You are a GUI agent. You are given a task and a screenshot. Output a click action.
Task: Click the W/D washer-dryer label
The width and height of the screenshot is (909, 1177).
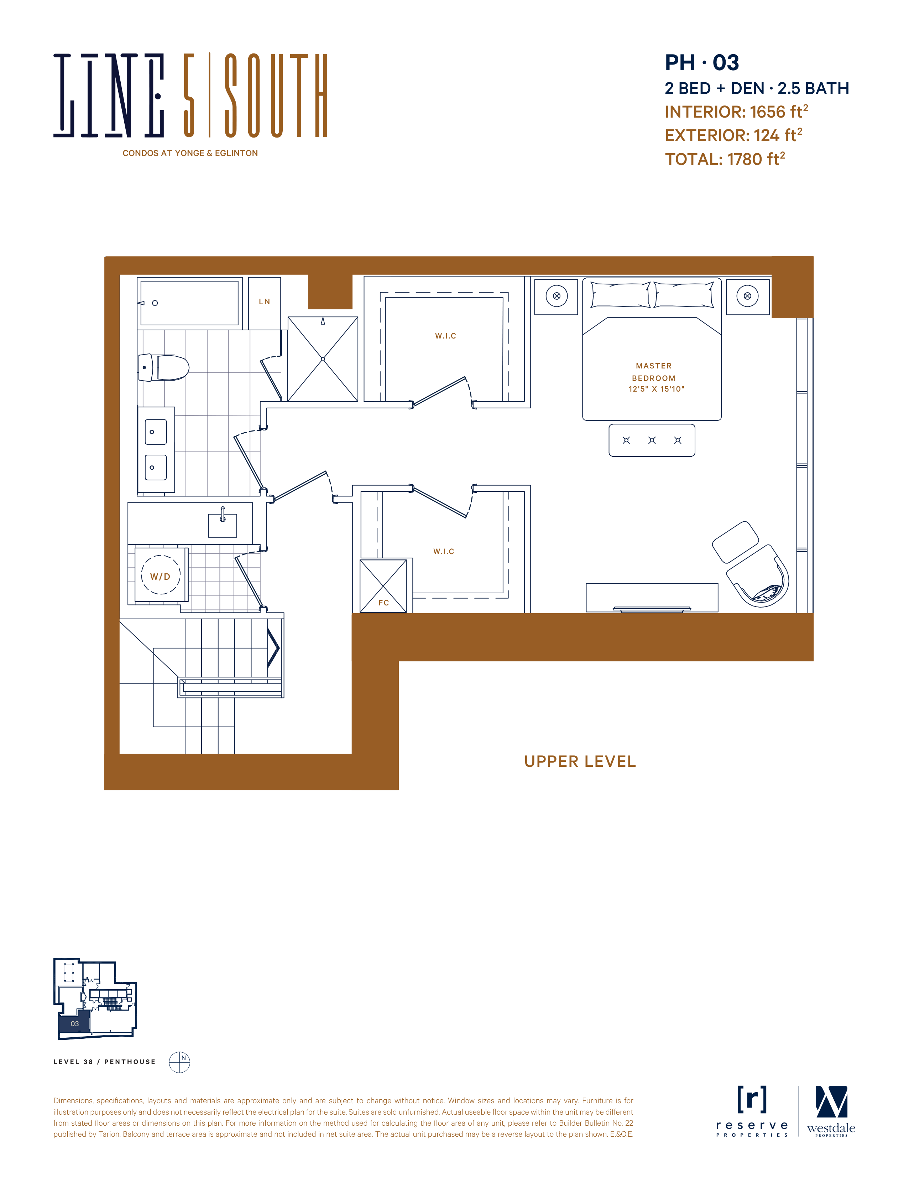click(x=160, y=577)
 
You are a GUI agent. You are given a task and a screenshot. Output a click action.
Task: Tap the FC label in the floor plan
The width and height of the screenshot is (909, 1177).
click(x=383, y=603)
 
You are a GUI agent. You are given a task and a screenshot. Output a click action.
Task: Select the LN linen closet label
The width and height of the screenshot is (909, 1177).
click(x=265, y=302)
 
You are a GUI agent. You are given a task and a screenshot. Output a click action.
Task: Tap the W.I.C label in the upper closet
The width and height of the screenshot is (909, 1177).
click(x=445, y=336)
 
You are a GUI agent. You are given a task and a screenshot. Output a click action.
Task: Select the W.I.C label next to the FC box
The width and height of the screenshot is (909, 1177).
click(x=444, y=551)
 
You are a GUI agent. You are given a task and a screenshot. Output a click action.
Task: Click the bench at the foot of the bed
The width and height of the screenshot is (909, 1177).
click(x=652, y=440)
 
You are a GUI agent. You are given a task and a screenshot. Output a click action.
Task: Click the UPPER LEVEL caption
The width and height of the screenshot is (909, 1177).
click(x=580, y=762)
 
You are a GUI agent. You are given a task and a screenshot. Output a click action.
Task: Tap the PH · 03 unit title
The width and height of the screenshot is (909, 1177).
click(x=702, y=63)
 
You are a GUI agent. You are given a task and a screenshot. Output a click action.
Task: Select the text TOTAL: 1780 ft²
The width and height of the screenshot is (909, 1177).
click(x=725, y=159)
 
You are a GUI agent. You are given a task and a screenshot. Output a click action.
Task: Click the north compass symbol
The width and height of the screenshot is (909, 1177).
click(x=179, y=1062)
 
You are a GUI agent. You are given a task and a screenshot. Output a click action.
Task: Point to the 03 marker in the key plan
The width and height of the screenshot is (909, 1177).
click(x=74, y=1024)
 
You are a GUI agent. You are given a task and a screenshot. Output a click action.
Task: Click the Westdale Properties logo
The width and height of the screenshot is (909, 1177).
click(x=831, y=1111)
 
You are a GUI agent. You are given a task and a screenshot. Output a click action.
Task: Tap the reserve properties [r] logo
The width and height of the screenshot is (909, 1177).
click(x=752, y=1111)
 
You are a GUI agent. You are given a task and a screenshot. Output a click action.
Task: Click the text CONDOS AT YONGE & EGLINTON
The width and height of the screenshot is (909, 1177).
click(x=190, y=153)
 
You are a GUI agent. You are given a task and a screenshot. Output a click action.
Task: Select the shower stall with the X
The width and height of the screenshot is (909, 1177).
click(x=323, y=359)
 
